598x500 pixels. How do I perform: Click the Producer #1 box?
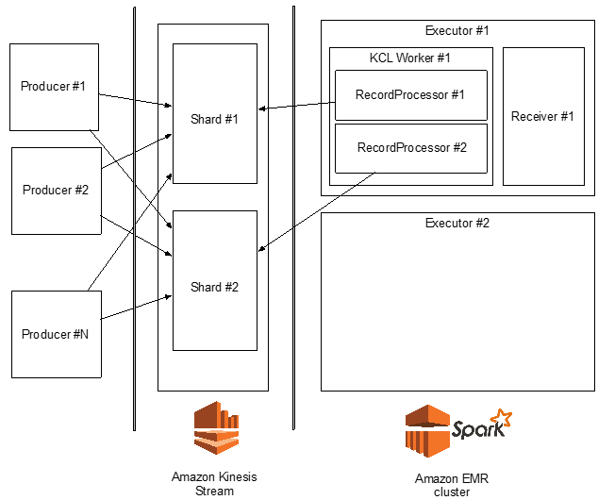tap(54, 86)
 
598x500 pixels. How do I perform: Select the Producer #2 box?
tap(56, 190)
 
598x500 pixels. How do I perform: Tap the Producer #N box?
tap(56, 334)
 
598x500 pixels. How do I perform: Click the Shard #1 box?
tap(215, 119)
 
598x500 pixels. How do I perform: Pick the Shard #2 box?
tap(215, 287)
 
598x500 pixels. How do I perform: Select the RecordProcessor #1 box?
tap(410, 94)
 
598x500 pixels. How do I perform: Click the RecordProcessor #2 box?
tap(411, 148)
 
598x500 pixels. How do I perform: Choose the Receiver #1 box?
tap(542, 116)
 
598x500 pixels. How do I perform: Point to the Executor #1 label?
tap(457, 30)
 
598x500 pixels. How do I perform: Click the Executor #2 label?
tap(457, 224)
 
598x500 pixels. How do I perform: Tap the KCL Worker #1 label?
tap(409, 58)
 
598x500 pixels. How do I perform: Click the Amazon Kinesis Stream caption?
tap(215, 483)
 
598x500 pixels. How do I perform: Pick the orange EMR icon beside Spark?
tap(426, 432)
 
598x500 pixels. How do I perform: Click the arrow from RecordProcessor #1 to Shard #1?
tap(296, 105)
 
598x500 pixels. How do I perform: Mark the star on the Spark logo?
tap(504, 418)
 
